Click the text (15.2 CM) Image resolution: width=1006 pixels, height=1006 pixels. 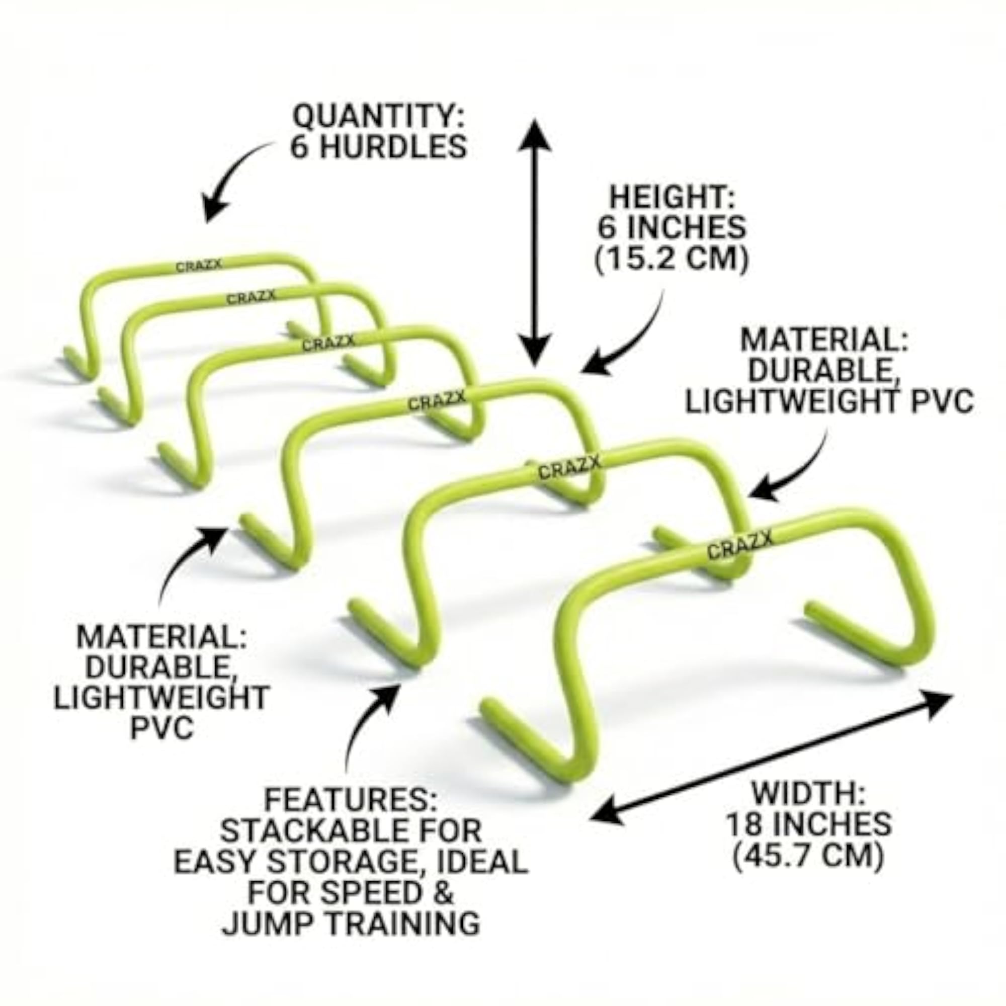(672, 259)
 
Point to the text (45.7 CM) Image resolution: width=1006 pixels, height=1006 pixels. (809, 858)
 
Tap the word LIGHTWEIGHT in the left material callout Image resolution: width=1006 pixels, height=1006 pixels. (162, 697)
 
